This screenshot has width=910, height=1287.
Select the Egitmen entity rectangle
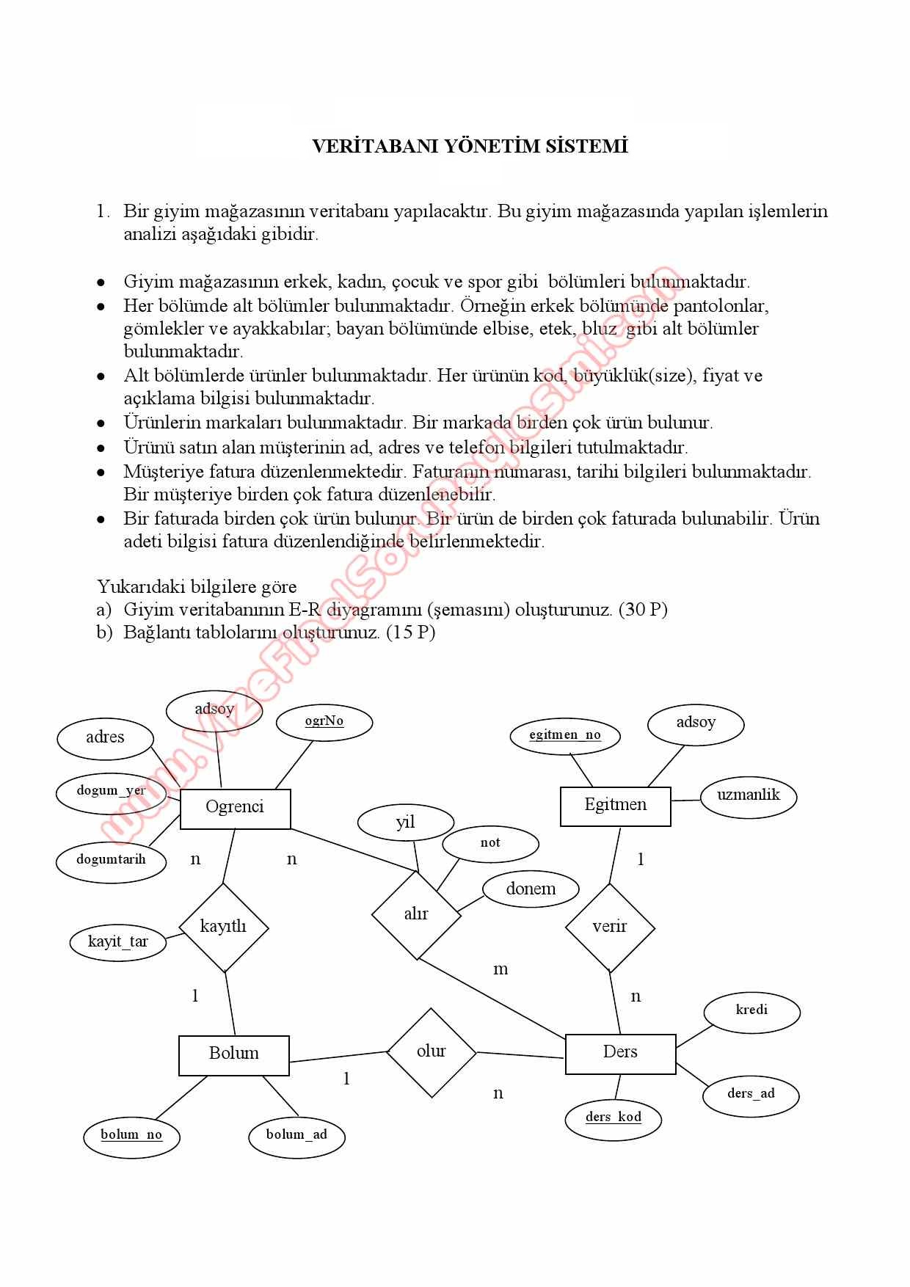coord(615,806)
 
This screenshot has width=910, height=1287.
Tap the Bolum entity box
coord(233,1055)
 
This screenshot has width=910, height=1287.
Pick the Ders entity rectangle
coord(620,1054)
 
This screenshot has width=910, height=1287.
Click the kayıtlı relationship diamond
coord(223,927)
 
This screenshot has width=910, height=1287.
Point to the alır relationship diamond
coord(416,914)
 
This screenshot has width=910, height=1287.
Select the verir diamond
coord(610,927)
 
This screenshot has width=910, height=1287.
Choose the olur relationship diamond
coord(431,1052)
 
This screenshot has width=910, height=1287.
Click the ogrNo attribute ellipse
coord(324,721)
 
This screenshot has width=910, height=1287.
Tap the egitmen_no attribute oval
coord(564,735)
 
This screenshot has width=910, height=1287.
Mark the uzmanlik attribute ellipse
coord(748,795)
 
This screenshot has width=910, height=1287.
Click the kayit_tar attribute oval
coord(118,942)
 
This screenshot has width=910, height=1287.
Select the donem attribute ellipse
coord(531,889)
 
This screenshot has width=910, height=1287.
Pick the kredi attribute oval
coord(751,1010)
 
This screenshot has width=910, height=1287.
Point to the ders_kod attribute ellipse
coord(614,1118)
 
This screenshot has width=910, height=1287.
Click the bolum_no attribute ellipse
coord(131,1135)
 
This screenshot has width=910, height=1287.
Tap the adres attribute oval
coord(105,737)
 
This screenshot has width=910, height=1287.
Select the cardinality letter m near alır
coord(500,969)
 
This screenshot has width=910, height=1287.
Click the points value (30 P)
coord(643,609)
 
